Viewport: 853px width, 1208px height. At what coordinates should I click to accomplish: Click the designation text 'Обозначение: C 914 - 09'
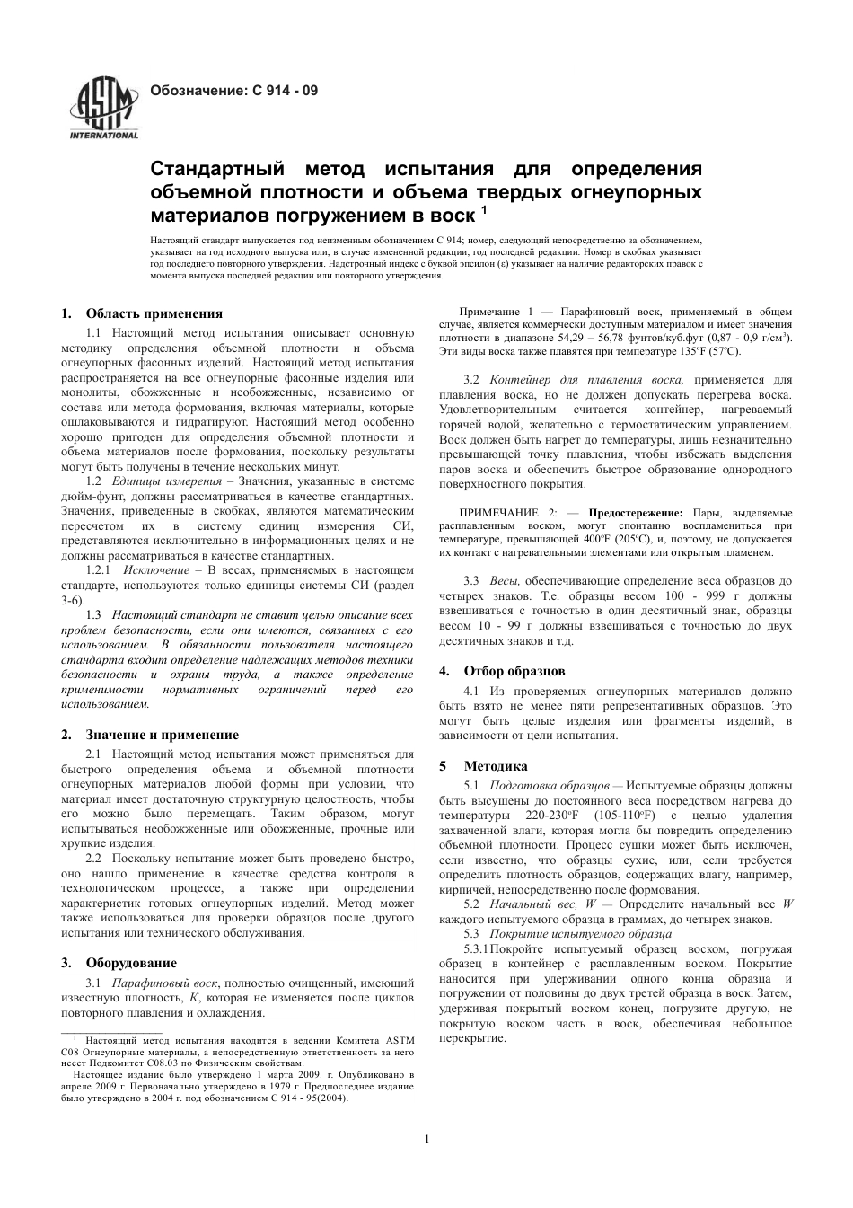point(233,91)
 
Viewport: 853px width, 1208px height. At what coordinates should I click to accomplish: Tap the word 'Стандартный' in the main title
point(215,170)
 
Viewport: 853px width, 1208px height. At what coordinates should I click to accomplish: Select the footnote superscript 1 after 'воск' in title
point(485,211)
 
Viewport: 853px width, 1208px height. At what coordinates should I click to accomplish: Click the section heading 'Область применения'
point(154,313)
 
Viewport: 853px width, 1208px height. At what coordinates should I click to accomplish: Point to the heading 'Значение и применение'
point(163,734)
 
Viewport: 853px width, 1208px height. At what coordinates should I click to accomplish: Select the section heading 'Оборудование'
point(131,963)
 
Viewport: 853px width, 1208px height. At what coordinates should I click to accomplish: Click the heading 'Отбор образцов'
point(514,671)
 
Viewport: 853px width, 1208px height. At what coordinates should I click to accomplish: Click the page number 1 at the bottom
point(426,1140)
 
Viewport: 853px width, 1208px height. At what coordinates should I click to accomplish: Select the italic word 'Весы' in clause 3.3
point(505,581)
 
